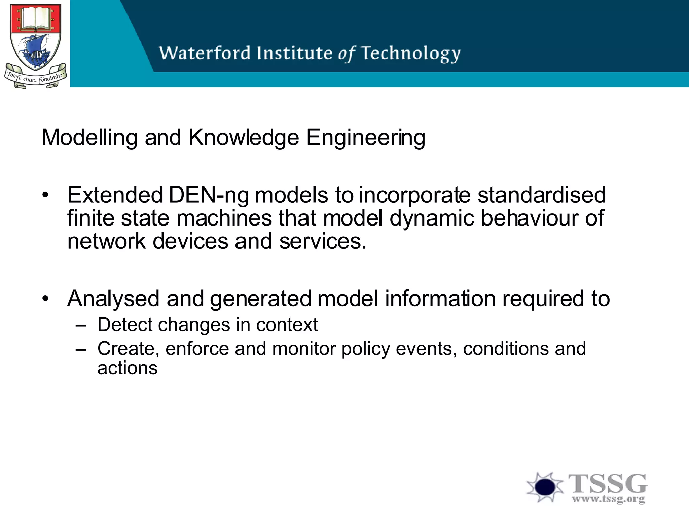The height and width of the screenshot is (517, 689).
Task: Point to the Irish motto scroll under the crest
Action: coord(35,78)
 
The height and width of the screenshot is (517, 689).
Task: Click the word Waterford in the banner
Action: coord(205,53)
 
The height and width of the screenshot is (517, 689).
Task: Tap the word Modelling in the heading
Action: coord(89,138)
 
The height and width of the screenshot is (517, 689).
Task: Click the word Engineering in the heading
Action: coord(366,138)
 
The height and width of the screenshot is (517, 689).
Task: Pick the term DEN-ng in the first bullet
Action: coord(208,195)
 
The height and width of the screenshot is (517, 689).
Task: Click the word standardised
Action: coord(541,195)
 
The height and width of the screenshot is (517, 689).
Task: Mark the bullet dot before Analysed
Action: coord(46,299)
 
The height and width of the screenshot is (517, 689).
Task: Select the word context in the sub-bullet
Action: coord(287,325)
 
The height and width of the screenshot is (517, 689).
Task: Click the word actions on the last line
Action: coord(127,368)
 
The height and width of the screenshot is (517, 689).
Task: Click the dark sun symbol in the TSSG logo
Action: coord(545,487)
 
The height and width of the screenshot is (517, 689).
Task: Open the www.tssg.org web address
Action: coord(608,498)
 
